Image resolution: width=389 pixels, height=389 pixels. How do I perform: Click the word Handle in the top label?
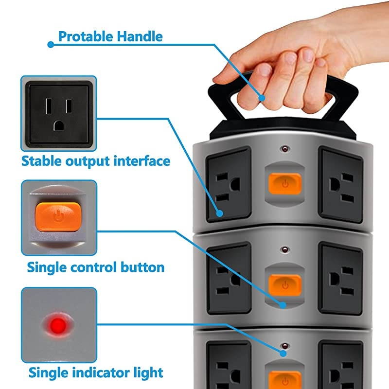(x=141, y=36)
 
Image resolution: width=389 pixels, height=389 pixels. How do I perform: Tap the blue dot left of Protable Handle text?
(x=50, y=44)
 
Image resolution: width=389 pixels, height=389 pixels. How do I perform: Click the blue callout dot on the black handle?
(x=262, y=98)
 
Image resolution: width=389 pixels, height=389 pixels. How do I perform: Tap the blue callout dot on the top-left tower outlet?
(x=220, y=212)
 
